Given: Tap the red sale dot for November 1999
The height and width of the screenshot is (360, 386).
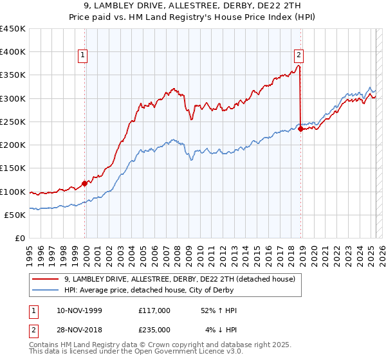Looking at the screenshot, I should pos(84,183).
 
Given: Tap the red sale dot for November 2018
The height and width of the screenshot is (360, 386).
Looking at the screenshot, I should pos(300,129).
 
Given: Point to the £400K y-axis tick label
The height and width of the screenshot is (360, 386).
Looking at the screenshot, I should pos(13,52).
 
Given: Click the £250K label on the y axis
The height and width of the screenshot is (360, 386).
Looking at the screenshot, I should pos(13,122).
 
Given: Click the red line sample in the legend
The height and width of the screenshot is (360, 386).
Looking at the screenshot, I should pos(46,279).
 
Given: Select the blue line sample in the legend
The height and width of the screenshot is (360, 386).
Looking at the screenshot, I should pos(46,290).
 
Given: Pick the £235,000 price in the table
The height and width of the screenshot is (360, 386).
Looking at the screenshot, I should pos(154,330).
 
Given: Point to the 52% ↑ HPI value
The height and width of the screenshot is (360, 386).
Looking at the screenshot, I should pos(219,310).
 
